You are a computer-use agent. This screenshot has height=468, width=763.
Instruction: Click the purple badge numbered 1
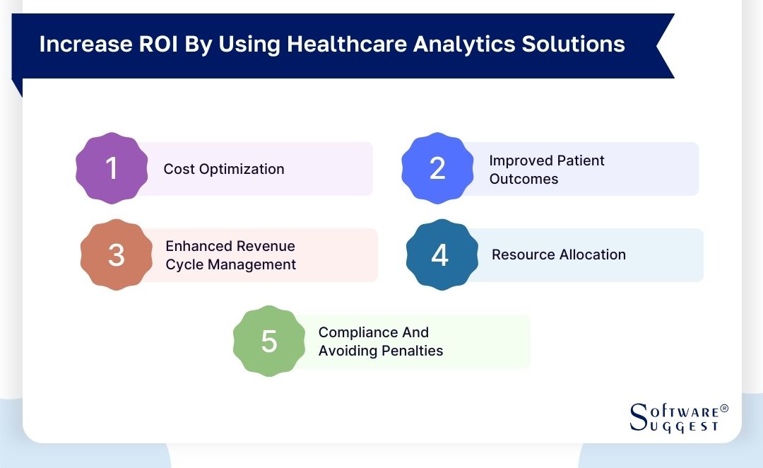click(x=112, y=168)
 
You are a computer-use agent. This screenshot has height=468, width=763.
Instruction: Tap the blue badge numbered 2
click(x=437, y=168)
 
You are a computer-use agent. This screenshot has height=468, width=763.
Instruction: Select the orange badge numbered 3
click(x=117, y=255)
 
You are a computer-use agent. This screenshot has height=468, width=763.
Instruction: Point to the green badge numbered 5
click(x=269, y=341)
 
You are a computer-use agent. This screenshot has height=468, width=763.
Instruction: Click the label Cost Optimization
click(x=224, y=169)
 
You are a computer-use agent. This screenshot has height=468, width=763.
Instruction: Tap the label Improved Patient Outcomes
click(x=546, y=170)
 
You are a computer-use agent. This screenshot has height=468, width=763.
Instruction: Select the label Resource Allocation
click(x=558, y=255)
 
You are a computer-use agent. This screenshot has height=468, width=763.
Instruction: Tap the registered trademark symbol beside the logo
click(x=723, y=409)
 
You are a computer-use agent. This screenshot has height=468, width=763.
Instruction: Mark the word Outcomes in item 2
click(x=524, y=179)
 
